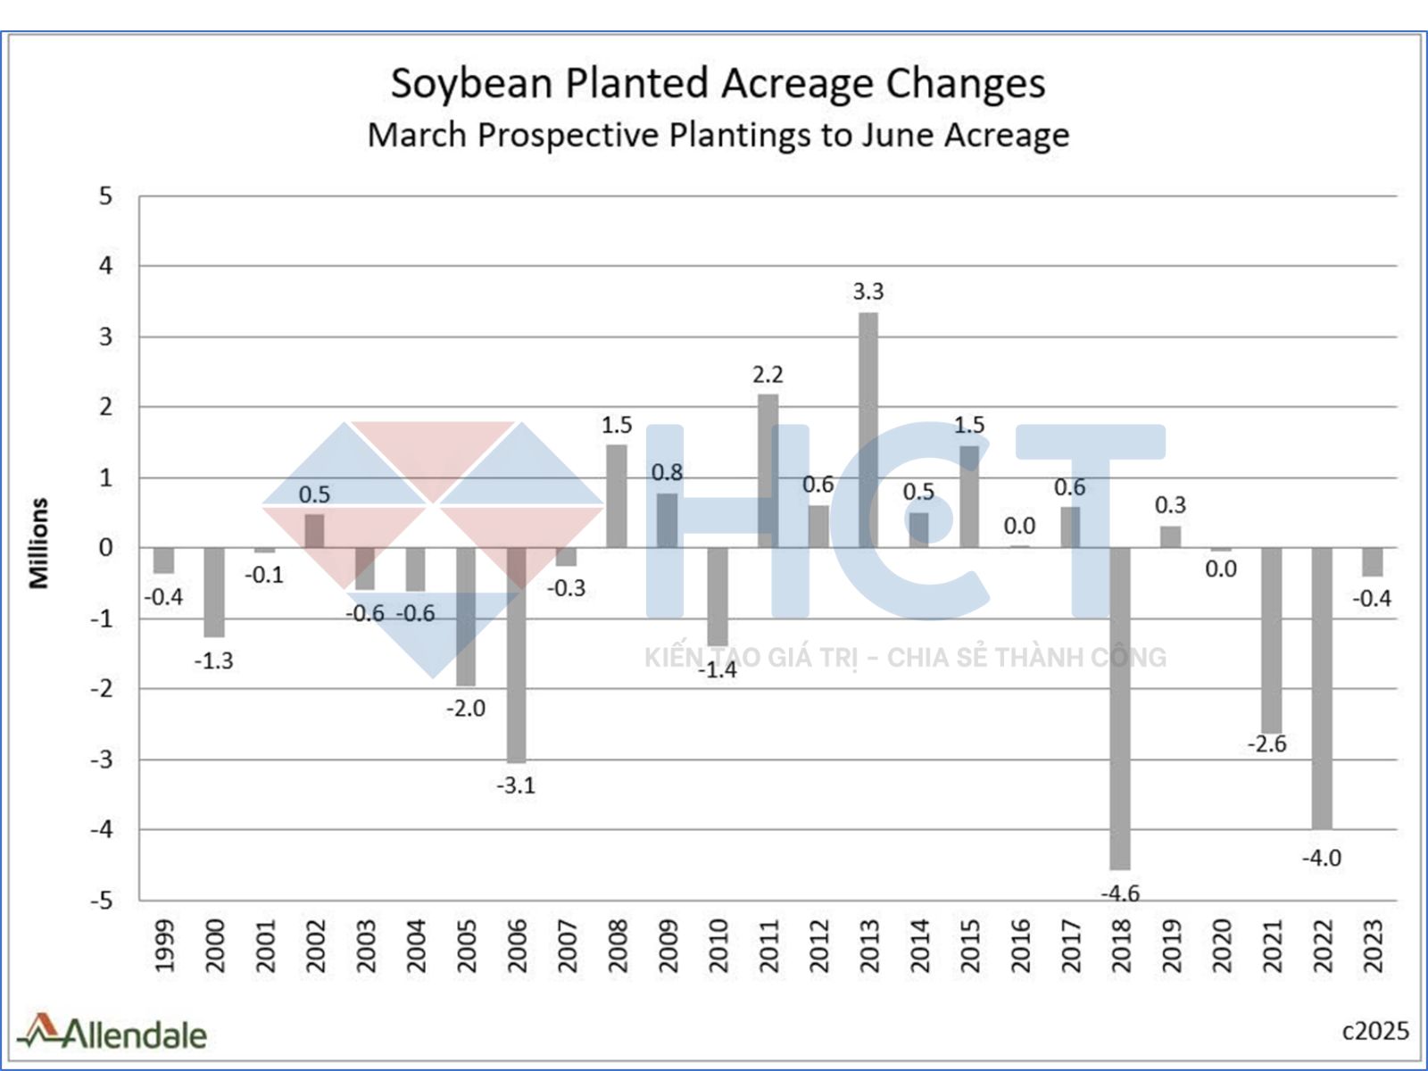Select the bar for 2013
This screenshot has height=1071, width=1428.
click(x=868, y=430)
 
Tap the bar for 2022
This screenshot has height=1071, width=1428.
click(x=1322, y=688)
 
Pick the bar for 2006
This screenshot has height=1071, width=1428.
click(x=516, y=655)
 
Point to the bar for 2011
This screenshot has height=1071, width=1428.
click(x=768, y=470)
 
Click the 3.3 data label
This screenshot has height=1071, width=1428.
click(x=868, y=292)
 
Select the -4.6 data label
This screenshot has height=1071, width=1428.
click(x=1120, y=892)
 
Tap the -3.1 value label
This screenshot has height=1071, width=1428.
click(x=516, y=785)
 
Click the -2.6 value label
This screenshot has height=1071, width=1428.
click(x=1266, y=744)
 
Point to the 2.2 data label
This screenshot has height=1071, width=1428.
click(x=768, y=375)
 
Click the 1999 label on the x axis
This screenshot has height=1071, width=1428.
click(x=164, y=946)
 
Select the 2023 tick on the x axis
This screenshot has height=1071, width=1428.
click(x=1373, y=946)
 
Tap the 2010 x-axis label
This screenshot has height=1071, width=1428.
click(x=718, y=946)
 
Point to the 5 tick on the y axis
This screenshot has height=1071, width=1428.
click(x=106, y=196)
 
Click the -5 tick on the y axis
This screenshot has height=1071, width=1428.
click(x=102, y=900)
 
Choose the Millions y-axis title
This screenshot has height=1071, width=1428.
click(x=38, y=544)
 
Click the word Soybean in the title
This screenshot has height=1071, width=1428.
click(x=472, y=84)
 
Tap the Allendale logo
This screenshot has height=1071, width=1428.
click(x=112, y=1033)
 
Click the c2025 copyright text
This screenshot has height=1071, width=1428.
click(x=1375, y=1031)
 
